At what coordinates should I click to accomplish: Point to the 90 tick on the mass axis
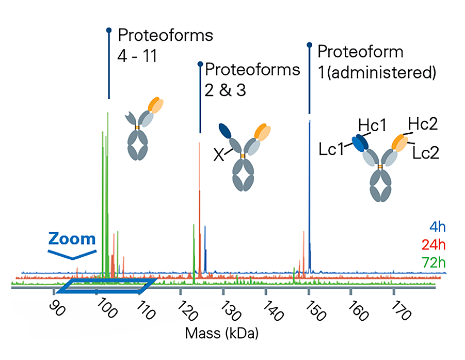(x=54, y=305)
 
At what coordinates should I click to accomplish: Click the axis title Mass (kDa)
(x=221, y=333)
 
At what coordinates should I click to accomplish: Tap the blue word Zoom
(x=72, y=239)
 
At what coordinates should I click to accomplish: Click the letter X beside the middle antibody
(x=219, y=154)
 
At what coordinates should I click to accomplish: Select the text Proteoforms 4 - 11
(x=165, y=44)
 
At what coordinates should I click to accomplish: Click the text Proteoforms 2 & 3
(x=252, y=79)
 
